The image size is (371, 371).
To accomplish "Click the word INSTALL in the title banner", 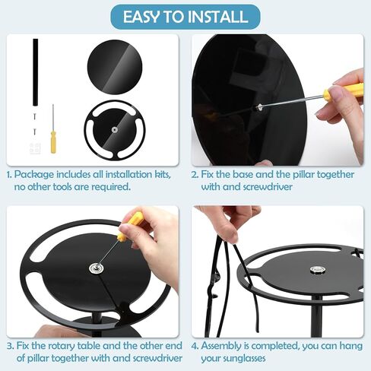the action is [x=217, y=17].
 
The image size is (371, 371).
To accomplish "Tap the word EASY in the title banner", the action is [x=141, y=17].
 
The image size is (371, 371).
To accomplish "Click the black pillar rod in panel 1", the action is [x=35, y=72].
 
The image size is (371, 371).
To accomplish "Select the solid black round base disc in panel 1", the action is [x=115, y=67].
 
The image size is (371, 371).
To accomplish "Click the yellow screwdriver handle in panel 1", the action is [x=53, y=142].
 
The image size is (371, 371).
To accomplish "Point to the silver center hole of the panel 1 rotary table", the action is [x=115, y=130].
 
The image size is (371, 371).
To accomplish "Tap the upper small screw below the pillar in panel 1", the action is [x=35, y=116].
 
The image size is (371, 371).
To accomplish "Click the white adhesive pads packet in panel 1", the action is [x=35, y=147].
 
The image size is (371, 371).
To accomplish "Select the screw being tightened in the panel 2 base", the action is [x=259, y=107].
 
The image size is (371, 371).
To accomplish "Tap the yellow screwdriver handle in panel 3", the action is [x=130, y=227].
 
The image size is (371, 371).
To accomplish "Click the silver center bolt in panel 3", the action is [x=96, y=268].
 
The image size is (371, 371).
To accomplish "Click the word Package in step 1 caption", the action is [x=34, y=175].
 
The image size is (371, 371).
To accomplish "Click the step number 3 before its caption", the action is [x=10, y=346].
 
